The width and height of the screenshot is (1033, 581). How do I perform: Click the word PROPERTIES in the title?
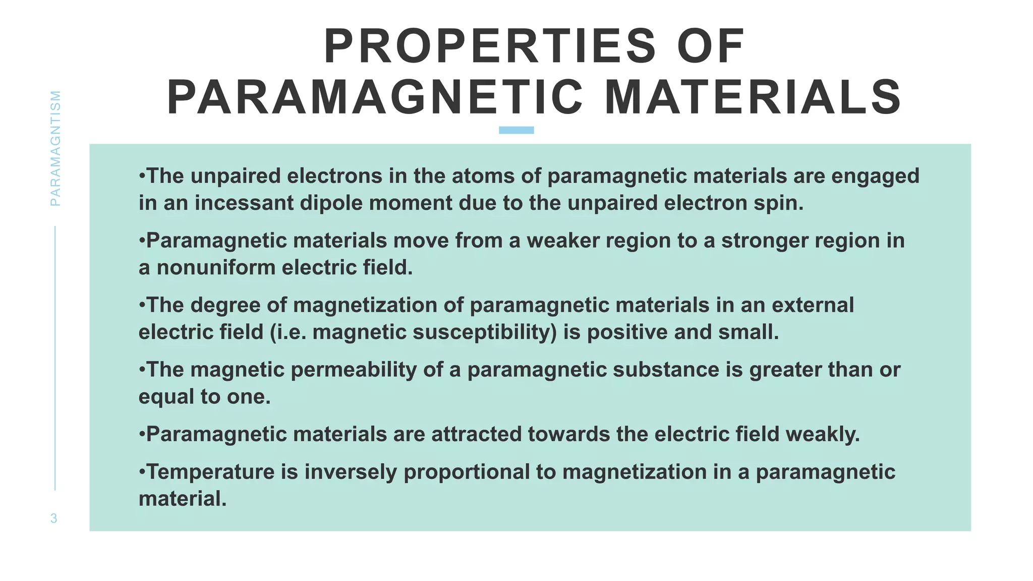point(489,47)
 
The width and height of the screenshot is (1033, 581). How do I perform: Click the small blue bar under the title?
point(516,130)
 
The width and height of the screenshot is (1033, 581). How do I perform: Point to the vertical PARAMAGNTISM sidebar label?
point(55,148)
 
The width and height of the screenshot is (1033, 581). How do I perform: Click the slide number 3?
point(54,518)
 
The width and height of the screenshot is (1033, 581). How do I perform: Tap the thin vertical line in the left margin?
point(55,358)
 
